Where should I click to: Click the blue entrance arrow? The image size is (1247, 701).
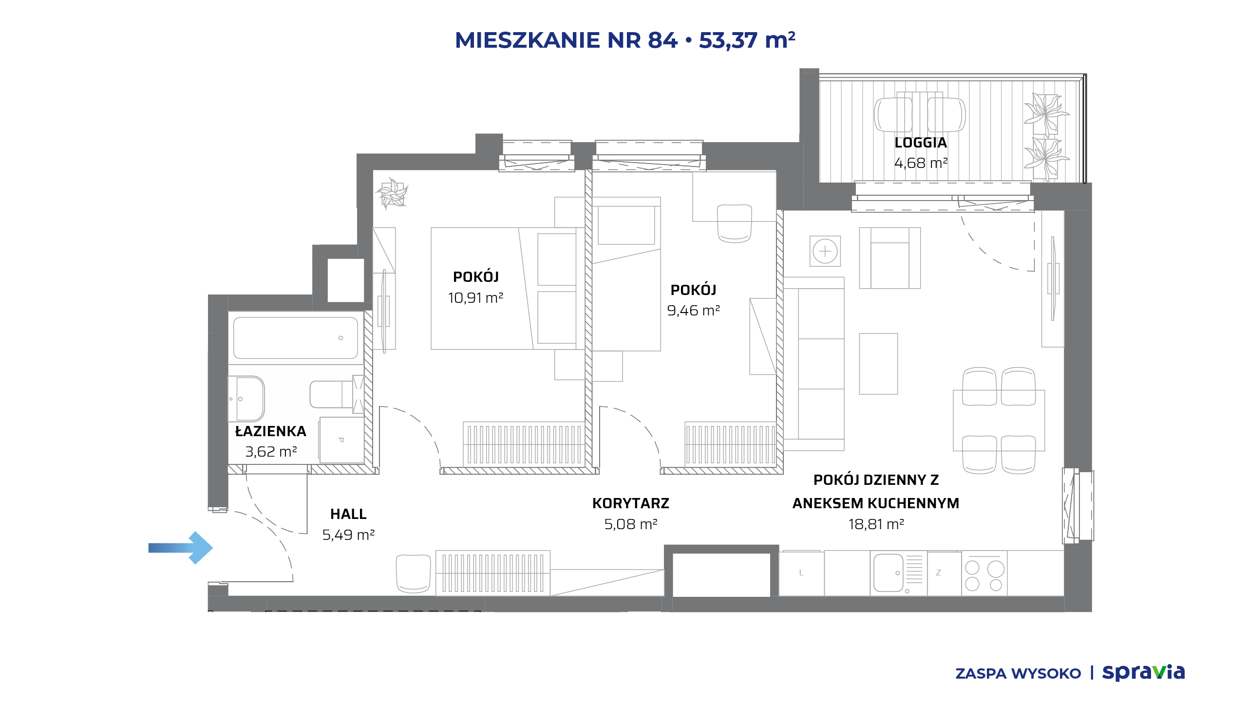tap(181, 548)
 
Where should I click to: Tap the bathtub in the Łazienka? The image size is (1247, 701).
tap(296, 338)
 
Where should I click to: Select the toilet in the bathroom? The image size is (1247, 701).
tap(337, 394)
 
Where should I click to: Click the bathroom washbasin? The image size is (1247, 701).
tap(247, 398)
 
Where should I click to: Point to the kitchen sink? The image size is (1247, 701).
tap(889, 572)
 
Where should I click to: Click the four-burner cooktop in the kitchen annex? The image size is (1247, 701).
tap(984, 575)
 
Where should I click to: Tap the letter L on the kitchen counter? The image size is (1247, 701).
tap(801, 573)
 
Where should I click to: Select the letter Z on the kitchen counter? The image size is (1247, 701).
tap(939, 573)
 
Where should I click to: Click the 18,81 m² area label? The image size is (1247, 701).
tap(876, 524)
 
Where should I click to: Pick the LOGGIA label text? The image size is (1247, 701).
tap(921, 143)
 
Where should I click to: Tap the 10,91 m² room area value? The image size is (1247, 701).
tap(475, 297)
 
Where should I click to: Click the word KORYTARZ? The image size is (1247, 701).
tap(631, 503)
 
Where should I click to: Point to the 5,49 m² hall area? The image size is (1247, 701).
tap(348, 535)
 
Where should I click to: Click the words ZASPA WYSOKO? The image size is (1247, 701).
tap(1018, 674)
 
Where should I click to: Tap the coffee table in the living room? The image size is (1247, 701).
tap(878, 364)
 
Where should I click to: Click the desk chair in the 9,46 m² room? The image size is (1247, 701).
tap(735, 223)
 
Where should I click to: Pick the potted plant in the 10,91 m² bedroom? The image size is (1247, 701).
tap(392, 193)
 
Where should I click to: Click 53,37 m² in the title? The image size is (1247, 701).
tap(747, 40)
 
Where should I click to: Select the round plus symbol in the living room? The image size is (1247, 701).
tap(825, 251)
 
